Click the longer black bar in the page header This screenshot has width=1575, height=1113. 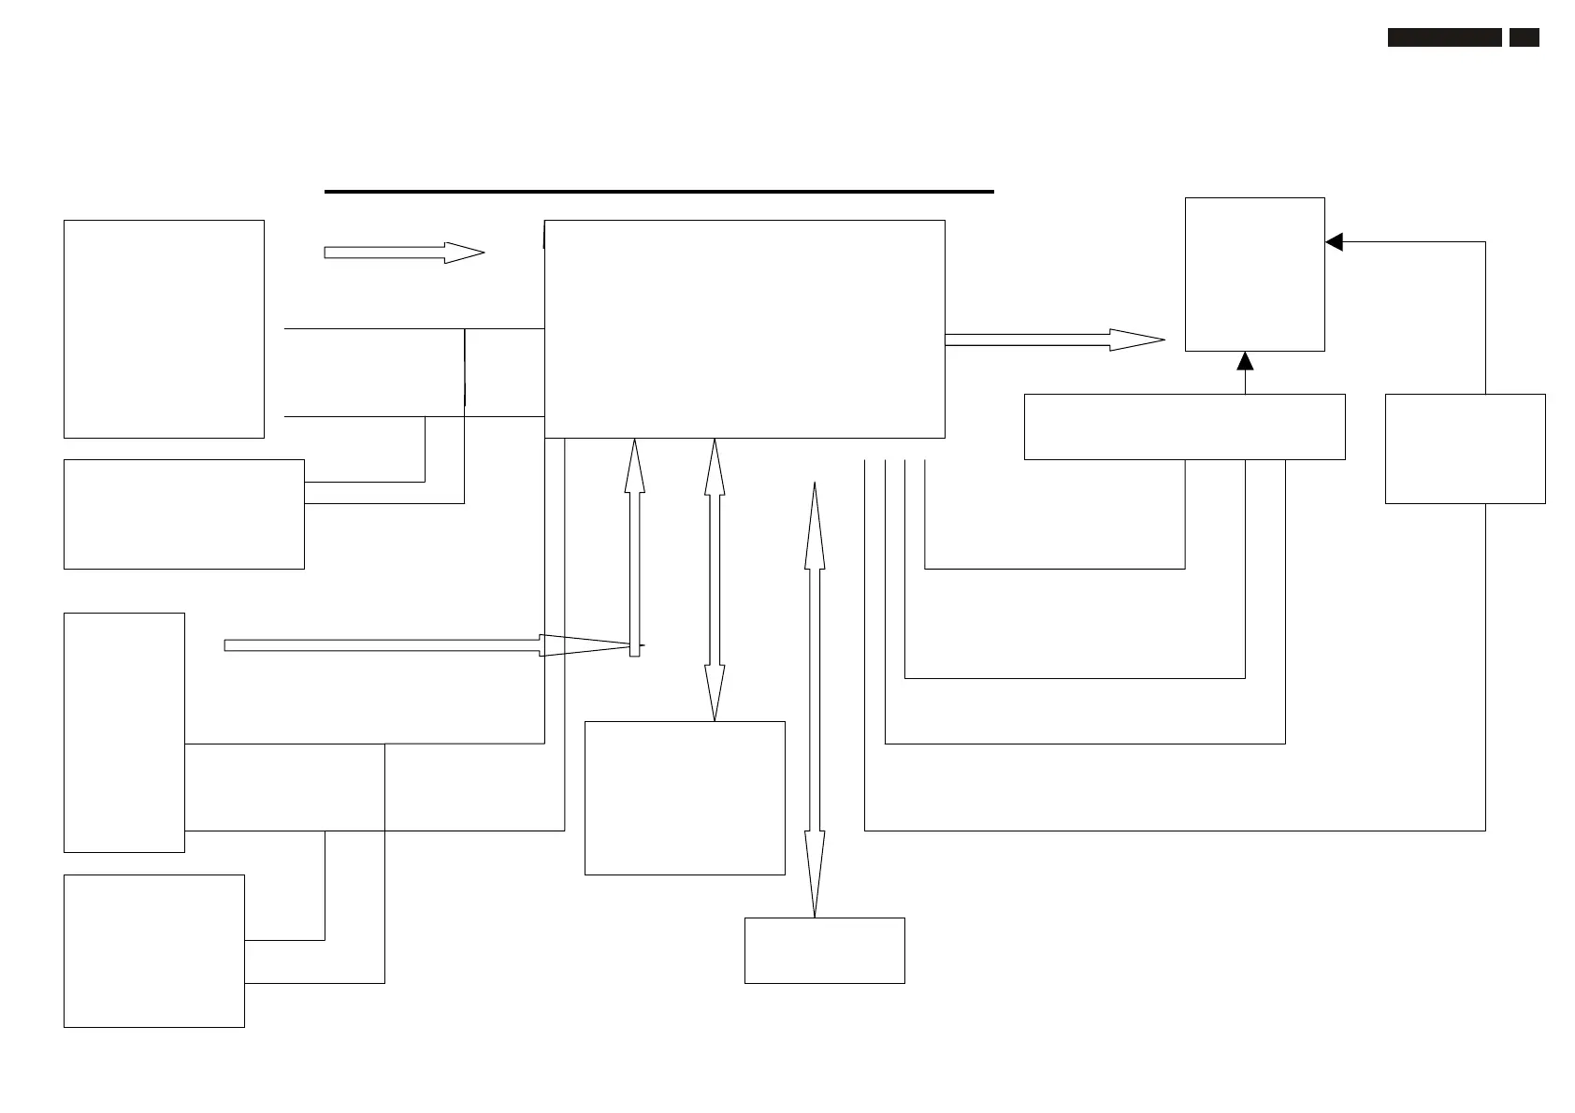point(1444,37)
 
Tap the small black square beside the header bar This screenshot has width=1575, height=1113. point(1524,37)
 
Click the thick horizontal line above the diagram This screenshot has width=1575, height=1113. point(658,192)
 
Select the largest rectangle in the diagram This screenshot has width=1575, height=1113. point(744,328)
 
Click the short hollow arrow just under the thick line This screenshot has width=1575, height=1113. point(403,253)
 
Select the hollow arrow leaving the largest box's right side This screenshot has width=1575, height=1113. point(1054,340)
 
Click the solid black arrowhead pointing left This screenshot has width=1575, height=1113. point(1335,242)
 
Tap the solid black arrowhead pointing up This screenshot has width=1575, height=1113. point(1245,361)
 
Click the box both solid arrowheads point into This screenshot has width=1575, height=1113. point(1254,274)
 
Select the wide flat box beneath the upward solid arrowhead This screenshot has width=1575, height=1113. point(1184,426)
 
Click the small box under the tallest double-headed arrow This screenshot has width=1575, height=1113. point(824,950)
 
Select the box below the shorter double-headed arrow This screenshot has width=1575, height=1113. point(685,798)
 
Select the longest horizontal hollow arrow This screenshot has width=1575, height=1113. point(427,645)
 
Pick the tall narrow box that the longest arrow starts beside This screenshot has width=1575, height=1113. point(123,732)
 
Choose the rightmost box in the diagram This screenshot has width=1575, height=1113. point(1465,449)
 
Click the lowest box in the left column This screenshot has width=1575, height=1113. point(153,950)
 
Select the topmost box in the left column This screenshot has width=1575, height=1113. point(164,328)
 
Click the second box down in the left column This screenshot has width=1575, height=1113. point(183,513)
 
